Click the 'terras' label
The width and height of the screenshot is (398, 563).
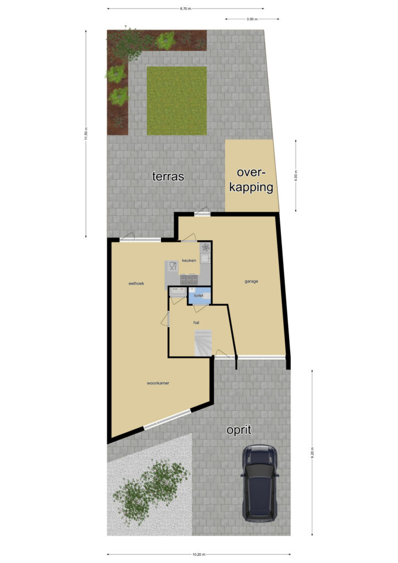point(168,176)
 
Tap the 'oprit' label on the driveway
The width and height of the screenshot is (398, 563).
point(239,430)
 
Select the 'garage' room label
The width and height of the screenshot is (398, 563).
point(251,281)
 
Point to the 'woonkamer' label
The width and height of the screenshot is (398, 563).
point(158,383)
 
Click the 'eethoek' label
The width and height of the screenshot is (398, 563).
point(136,283)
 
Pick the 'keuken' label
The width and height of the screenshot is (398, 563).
point(189,260)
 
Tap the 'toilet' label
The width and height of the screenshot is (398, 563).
point(198,295)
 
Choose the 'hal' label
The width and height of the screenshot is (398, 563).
point(196,322)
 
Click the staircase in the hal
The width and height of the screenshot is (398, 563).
point(203,343)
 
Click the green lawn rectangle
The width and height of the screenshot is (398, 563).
point(176,101)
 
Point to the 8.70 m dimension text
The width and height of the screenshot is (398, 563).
point(186,9)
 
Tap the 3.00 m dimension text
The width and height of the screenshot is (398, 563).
point(252,19)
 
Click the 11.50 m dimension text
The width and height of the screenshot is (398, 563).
point(86,134)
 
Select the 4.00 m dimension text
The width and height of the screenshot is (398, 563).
point(296,175)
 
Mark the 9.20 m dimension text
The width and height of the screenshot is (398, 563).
point(312,453)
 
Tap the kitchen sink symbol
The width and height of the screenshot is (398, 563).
point(206,258)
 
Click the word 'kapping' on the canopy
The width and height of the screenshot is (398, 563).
point(251,188)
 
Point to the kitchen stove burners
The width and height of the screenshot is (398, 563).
point(189,279)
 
